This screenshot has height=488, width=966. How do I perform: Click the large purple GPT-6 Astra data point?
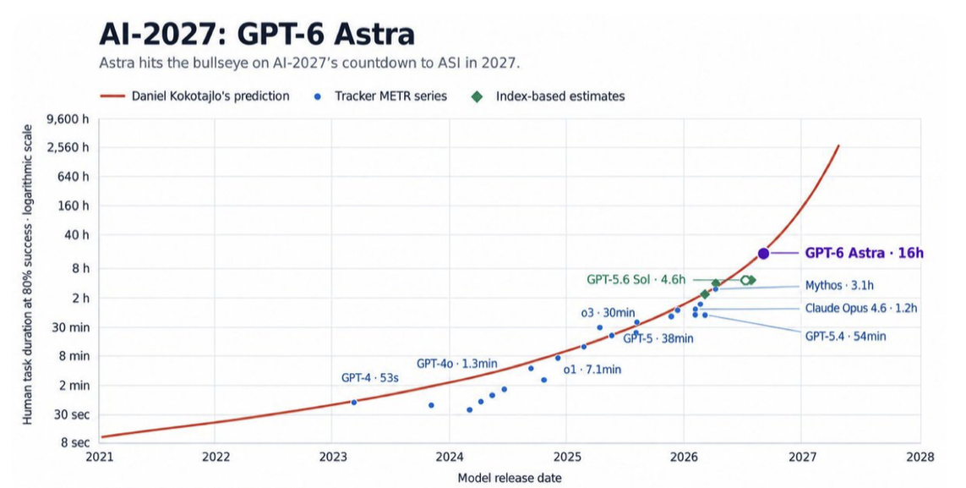click(x=763, y=253)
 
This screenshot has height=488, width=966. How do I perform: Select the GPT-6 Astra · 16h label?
click(x=865, y=253)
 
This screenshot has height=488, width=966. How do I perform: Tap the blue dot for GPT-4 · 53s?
click(x=353, y=403)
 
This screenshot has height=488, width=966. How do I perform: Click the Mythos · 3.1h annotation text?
click(x=839, y=286)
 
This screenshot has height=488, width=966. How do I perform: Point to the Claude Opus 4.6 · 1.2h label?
click(x=860, y=308)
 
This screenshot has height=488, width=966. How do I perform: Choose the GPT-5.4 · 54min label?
click(x=845, y=337)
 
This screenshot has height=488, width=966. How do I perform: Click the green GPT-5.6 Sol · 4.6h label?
click(x=636, y=280)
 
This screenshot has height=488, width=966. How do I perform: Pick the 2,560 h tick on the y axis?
click(x=68, y=147)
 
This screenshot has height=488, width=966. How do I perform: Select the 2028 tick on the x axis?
click(x=920, y=457)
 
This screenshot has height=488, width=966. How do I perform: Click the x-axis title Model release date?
click(x=510, y=478)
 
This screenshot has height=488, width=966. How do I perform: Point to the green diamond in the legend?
click(x=477, y=96)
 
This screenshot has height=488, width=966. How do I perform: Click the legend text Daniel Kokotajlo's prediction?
click(x=210, y=96)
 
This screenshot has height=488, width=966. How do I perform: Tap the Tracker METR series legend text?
click(x=390, y=96)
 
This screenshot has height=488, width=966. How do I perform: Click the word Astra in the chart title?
click(x=374, y=35)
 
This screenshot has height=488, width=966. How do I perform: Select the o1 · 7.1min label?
click(x=592, y=370)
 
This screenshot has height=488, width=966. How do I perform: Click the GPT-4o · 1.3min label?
click(x=456, y=364)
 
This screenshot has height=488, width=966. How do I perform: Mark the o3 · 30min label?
click(x=608, y=313)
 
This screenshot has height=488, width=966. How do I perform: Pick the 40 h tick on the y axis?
click(x=76, y=235)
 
